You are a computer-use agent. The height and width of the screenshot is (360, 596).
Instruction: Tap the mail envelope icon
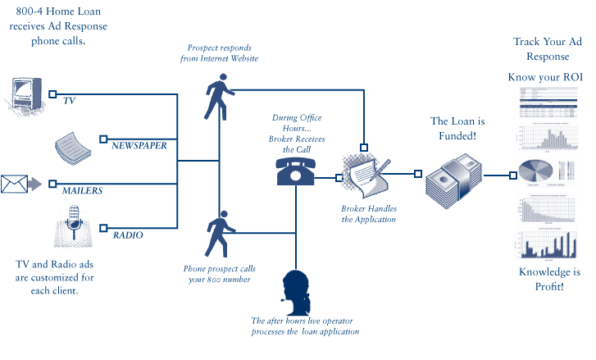click(14, 184)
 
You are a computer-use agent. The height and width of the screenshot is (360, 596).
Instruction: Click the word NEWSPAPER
click(139, 144)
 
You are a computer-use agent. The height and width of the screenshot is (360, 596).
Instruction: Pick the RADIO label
click(128, 235)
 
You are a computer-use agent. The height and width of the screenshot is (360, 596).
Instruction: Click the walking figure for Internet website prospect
click(218, 98)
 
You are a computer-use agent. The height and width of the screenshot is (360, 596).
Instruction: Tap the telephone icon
click(295, 171)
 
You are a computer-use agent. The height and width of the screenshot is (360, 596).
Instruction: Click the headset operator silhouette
click(295, 290)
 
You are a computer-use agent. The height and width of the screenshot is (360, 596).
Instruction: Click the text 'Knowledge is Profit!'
click(549, 279)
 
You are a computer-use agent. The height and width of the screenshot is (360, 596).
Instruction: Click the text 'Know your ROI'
click(546, 78)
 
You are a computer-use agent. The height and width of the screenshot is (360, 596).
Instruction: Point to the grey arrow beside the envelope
click(36, 185)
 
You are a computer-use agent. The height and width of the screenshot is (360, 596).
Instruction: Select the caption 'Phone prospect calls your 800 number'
click(220, 274)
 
